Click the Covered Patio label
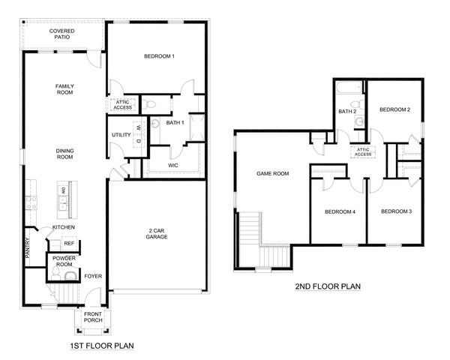tap(62, 34)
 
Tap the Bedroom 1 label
tap(159, 57)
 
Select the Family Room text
tap(64, 90)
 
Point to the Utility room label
tap(121, 135)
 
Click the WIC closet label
tap(173, 164)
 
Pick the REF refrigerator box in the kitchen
tap(69, 244)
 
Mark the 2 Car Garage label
tap(157, 233)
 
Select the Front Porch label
tap(93, 317)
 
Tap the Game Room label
tap(273, 173)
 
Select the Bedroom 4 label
tap(340, 211)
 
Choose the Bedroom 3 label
tap(396, 211)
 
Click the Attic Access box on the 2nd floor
tap(364, 152)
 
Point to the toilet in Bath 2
tap(359, 121)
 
